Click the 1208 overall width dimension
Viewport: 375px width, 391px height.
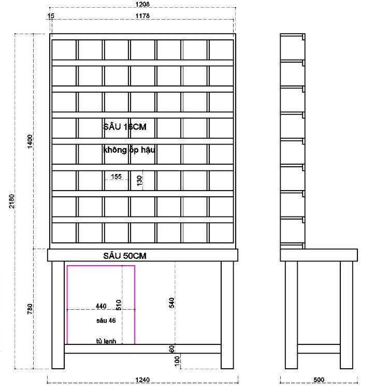(x=142, y=4)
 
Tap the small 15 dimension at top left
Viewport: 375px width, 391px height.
(x=50, y=16)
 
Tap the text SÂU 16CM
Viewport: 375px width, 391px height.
(x=128, y=126)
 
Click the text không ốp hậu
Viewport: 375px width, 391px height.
(x=129, y=150)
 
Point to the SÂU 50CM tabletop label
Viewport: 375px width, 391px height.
(x=123, y=255)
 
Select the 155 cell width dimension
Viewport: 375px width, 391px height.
(x=116, y=177)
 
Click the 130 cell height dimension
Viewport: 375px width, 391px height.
(x=139, y=181)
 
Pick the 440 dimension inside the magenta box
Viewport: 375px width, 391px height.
(x=102, y=306)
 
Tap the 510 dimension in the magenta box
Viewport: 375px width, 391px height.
(x=119, y=305)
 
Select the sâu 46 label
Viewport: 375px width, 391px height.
(x=106, y=321)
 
